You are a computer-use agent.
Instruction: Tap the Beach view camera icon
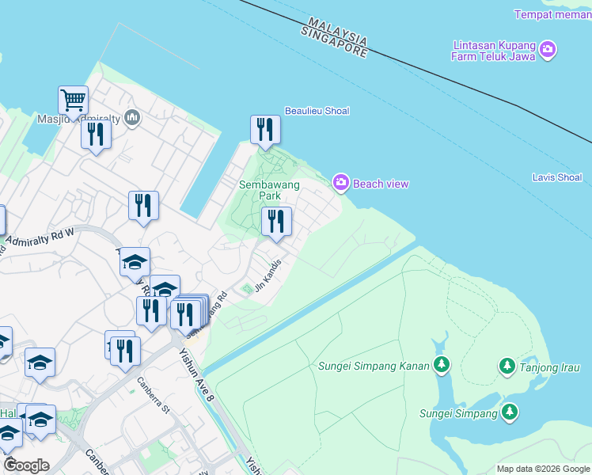(341, 183)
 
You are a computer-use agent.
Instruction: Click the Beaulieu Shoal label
(317, 111)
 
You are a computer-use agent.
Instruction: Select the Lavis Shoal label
(558, 177)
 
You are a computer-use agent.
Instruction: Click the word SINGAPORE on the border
(334, 43)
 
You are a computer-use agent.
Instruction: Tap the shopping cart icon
(73, 101)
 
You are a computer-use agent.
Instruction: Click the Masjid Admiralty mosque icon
(131, 118)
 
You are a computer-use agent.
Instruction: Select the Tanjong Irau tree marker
(507, 366)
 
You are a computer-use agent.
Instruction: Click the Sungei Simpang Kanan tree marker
(442, 366)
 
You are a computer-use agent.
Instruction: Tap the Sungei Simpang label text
(458, 412)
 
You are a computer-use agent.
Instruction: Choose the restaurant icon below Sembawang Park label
(276, 221)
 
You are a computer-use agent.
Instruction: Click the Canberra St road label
(154, 397)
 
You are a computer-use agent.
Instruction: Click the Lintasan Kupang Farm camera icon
(548, 51)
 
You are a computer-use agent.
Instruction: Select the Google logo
(26, 465)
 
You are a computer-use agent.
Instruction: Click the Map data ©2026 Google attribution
(543, 469)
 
